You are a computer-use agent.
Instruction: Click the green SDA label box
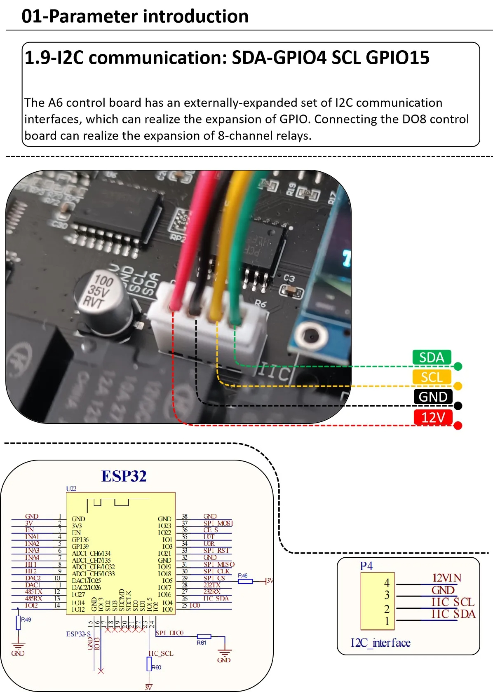click(432, 357)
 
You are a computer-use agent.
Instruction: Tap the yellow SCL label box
click(432, 377)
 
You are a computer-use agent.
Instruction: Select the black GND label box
click(433, 397)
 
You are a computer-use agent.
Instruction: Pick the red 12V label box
click(433, 417)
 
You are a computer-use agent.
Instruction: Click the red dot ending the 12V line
click(458, 425)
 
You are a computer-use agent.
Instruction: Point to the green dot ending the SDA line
click(458, 366)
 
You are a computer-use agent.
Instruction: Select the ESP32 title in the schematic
click(124, 477)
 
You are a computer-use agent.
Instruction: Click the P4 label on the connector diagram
click(366, 566)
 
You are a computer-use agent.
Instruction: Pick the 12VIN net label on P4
click(446, 578)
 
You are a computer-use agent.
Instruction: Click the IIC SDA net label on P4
click(453, 614)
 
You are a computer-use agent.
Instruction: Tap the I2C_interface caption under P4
click(380, 643)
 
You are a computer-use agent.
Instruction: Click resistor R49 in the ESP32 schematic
click(18, 622)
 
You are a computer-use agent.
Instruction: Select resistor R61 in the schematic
click(204, 637)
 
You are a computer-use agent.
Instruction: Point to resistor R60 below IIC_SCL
click(149, 664)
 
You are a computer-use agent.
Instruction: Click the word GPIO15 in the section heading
click(397, 58)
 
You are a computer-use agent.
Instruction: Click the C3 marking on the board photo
click(289, 278)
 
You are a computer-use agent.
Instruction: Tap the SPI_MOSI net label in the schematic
click(218, 523)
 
